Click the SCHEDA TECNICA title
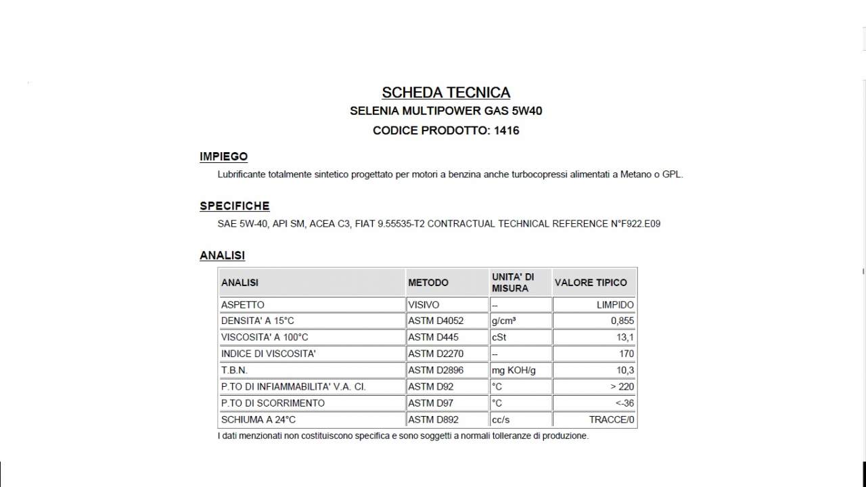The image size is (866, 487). coord(446,93)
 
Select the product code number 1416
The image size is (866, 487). coord(507,131)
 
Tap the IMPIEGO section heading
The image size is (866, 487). coord(223,157)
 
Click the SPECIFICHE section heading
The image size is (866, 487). coord(234,206)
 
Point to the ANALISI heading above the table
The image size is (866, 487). coord(222,256)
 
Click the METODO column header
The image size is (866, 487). coord(428,283)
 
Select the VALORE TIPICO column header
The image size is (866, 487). coord(590,283)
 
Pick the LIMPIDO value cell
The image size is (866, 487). coord(615,305)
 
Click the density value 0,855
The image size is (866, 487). coord(622,321)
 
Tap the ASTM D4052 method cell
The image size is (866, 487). coord(436,321)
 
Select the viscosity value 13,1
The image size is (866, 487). coord(626,338)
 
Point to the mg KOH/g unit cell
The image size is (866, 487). coord(514,371)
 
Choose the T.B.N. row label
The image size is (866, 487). coord(234,371)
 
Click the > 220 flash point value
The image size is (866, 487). coord(622,387)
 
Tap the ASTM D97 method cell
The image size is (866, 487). coord(430,403)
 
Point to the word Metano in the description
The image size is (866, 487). coord(637,175)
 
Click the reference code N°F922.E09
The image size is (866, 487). coord(635,224)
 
